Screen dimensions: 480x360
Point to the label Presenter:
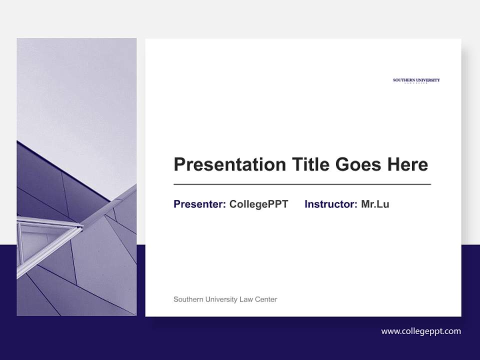(x=199, y=204)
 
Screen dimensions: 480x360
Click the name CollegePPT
(x=258, y=204)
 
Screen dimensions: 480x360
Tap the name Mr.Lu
(x=375, y=204)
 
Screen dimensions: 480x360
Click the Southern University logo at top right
(x=416, y=80)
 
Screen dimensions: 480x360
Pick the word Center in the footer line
(x=266, y=299)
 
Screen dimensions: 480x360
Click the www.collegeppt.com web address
(x=420, y=331)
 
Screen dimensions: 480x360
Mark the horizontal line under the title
(x=302, y=184)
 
